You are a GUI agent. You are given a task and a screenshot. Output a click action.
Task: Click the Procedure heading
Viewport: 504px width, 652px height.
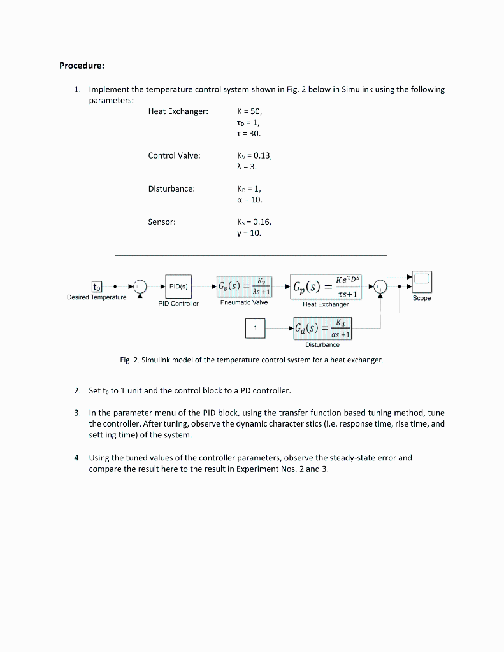click(x=82, y=66)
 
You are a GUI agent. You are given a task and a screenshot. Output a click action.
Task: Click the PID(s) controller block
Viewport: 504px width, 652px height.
click(x=178, y=287)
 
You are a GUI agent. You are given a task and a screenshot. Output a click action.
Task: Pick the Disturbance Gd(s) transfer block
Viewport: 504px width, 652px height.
click(x=322, y=329)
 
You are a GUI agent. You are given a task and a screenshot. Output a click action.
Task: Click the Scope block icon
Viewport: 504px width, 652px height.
click(x=422, y=280)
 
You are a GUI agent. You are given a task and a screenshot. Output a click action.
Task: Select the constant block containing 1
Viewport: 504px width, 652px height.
click(x=256, y=328)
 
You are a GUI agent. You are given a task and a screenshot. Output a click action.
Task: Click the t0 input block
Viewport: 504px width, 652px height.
click(x=97, y=287)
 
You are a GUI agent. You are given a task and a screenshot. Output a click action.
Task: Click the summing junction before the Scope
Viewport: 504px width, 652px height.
click(x=380, y=287)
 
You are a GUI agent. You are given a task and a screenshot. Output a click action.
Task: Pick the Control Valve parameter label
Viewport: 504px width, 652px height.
click(x=174, y=155)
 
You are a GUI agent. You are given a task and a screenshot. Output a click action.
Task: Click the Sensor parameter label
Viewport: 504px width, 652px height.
click(x=162, y=222)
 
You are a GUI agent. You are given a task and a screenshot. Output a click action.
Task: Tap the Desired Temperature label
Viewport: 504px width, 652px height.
click(x=97, y=297)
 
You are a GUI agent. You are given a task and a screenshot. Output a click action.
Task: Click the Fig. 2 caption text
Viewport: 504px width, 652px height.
click(x=252, y=360)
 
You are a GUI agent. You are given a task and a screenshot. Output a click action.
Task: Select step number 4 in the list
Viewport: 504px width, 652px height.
click(x=77, y=458)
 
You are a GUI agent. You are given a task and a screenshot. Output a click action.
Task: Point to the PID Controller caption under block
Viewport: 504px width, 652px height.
click(x=178, y=304)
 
